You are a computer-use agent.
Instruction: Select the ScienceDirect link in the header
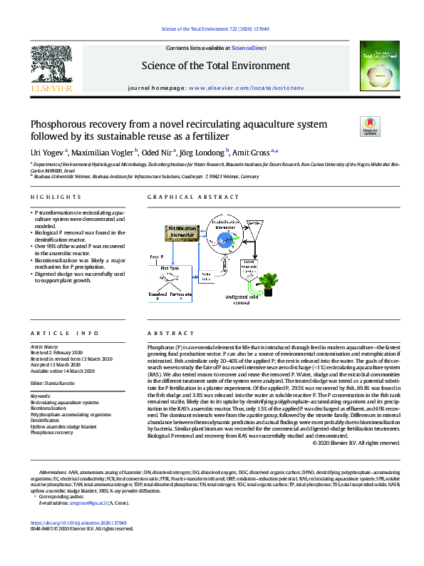249,48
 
